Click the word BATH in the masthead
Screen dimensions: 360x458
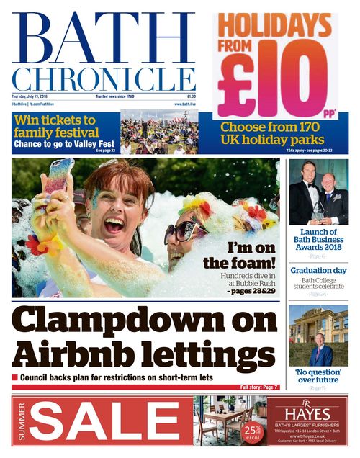coord(103,37)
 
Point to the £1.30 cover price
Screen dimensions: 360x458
coord(191,96)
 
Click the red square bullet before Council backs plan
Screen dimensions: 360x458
coord(14,377)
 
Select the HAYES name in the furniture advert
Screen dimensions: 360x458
coord(307,416)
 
